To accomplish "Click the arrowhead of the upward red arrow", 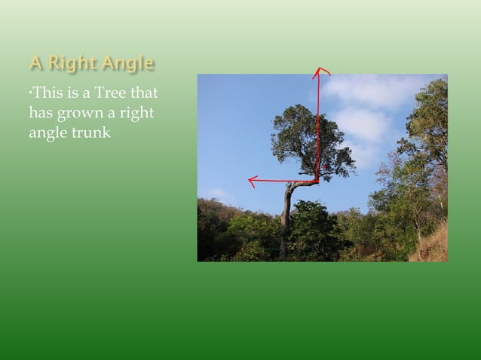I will [x=321, y=72].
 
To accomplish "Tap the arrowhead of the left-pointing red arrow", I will [x=252, y=181].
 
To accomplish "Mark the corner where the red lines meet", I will [x=317, y=181].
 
